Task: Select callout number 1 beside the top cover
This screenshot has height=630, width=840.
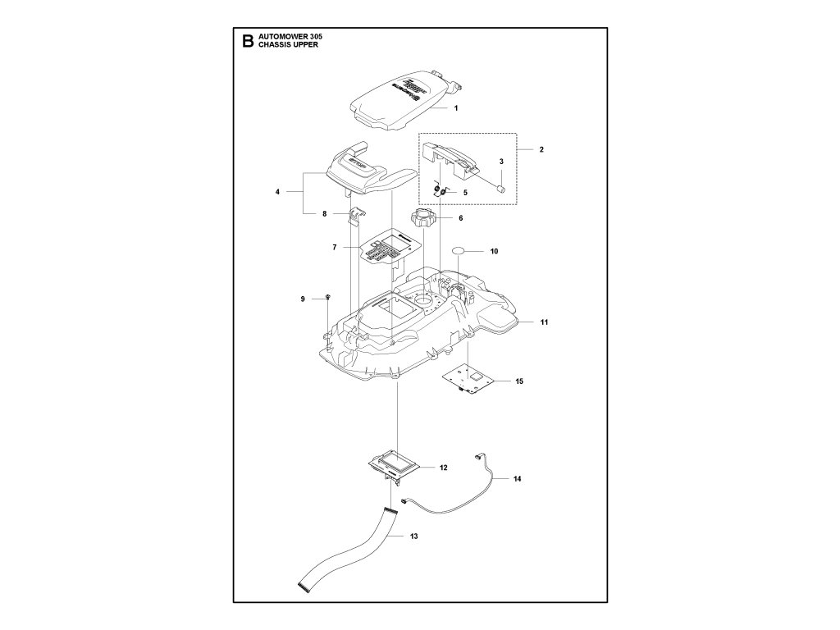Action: pyautogui.click(x=455, y=107)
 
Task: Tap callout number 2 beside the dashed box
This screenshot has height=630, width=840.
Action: pyautogui.click(x=541, y=150)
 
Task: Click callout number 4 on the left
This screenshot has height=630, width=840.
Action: pyautogui.click(x=278, y=192)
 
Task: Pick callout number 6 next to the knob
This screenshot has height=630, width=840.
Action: pyautogui.click(x=460, y=218)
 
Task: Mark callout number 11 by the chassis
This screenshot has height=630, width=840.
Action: pyautogui.click(x=544, y=322)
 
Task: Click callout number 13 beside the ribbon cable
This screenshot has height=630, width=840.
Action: pyautogui.click(x=414, y=536)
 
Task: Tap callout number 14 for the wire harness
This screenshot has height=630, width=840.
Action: pyautogui.click(x=517, y=477)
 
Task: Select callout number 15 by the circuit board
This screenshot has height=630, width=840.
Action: pyautogui.click(x=519, y=381)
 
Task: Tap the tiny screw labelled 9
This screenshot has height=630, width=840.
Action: pyautogui.click(x=327, y=296)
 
